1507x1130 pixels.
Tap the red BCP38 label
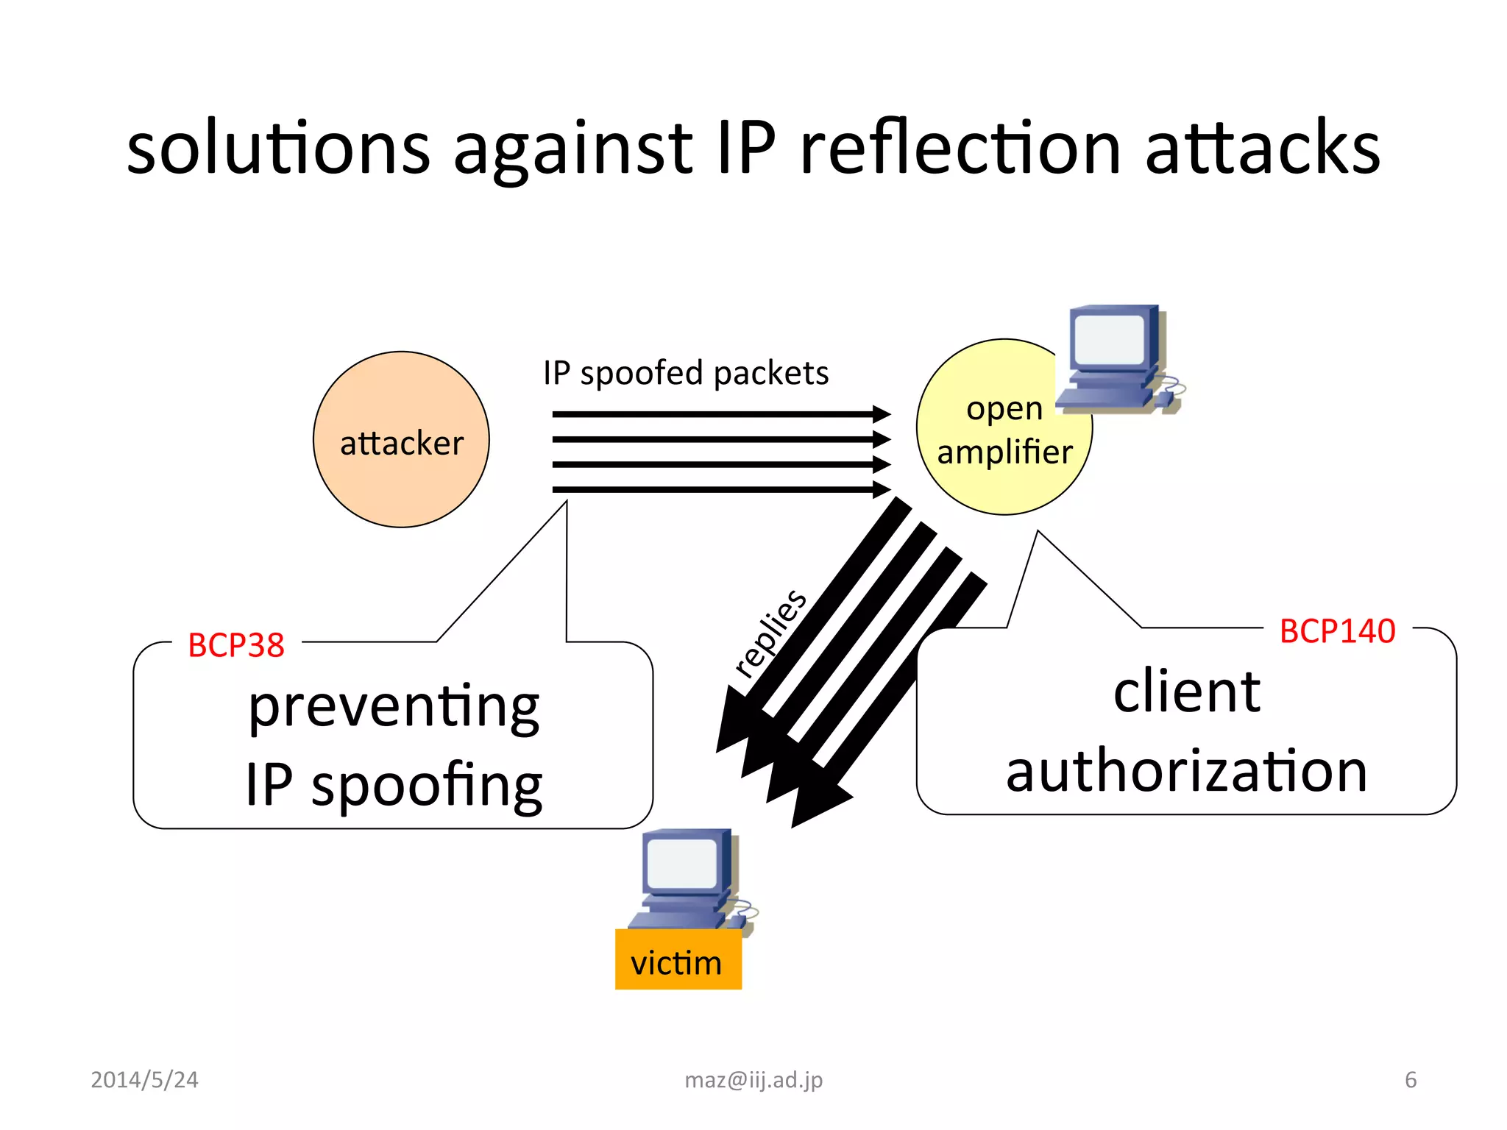[x=236, y=645]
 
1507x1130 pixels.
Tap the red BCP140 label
[x=1337, y=631]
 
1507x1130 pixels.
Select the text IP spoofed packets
[x=686, y=373]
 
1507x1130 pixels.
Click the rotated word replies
[x=770, y=632]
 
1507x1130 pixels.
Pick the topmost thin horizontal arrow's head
[x=882, y=414]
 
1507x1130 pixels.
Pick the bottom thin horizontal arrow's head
[x=882, y=489]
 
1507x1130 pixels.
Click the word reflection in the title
[x=960, y=149]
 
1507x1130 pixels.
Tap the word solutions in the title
[x=278, y=149]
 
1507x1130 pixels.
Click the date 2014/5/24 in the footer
[x=144, y=1079]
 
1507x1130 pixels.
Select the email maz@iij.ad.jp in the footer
[x=753, y=1079]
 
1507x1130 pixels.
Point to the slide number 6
[x=1410, y=1079]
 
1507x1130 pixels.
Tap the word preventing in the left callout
[x=394, y=706]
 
